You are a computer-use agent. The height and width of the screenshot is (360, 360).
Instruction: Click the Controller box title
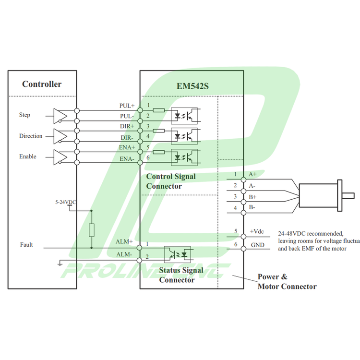[42, 84]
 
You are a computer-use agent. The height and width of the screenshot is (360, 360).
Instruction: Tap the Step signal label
[24, 115]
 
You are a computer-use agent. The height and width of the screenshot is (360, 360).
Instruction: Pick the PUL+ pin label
[127, 106]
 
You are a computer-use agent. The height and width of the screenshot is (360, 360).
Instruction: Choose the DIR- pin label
[127, 137]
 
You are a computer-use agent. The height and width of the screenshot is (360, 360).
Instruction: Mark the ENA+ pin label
[127, 147]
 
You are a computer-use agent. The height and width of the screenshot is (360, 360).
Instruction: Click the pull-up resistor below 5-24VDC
[92, 230]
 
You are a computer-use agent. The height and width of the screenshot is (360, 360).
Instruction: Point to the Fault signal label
[26, 245]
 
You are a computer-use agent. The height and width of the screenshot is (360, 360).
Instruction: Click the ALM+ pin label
[124, 241]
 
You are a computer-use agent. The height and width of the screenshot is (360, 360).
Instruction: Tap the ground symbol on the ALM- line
[59, 264]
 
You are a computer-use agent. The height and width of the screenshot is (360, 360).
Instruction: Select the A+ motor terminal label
[252, 174]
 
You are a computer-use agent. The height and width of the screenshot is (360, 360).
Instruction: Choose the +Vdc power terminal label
[257, 231]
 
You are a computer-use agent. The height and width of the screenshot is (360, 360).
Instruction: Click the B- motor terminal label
[252, 207]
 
